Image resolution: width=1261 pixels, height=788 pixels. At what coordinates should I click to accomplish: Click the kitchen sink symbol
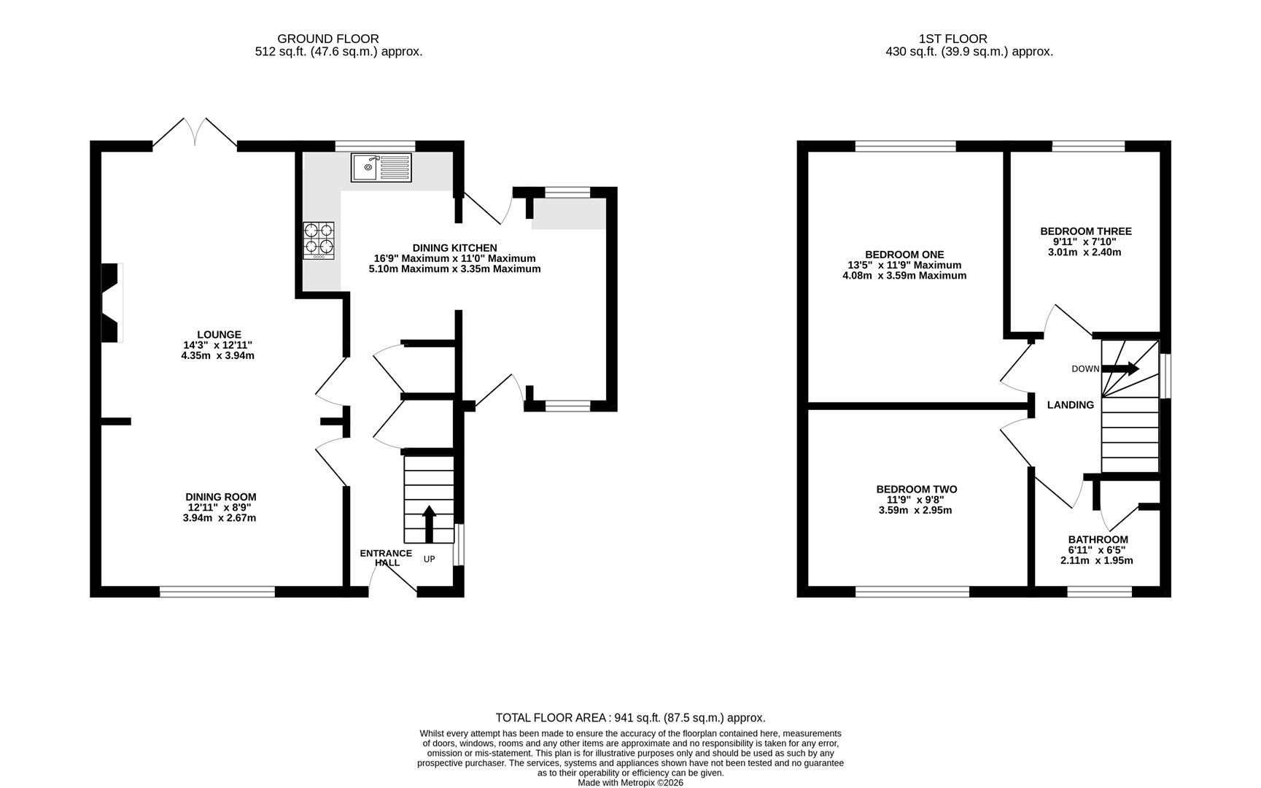[381, 167]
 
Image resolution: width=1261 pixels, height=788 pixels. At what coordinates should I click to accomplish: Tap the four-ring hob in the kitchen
[319, 240]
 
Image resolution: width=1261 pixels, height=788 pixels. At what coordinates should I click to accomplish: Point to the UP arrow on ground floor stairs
[429, 524]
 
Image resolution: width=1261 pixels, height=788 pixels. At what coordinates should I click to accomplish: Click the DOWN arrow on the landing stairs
[1120, 368]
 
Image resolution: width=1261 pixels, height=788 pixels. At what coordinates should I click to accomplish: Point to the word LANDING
[1070, 405]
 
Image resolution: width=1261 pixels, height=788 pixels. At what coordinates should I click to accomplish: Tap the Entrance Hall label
[386, 557]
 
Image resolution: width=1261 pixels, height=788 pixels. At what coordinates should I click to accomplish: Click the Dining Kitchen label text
[454, 248]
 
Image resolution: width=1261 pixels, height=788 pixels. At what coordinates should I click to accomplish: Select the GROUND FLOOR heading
[328, 39]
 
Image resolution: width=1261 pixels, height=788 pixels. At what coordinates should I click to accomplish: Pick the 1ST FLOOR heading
[952, 39]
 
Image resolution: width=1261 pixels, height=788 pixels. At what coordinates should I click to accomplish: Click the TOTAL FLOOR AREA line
[630, 718]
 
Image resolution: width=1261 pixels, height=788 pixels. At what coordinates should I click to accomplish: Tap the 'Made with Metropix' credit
[631, 783]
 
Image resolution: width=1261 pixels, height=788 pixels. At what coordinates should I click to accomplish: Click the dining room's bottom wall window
[217, 592]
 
